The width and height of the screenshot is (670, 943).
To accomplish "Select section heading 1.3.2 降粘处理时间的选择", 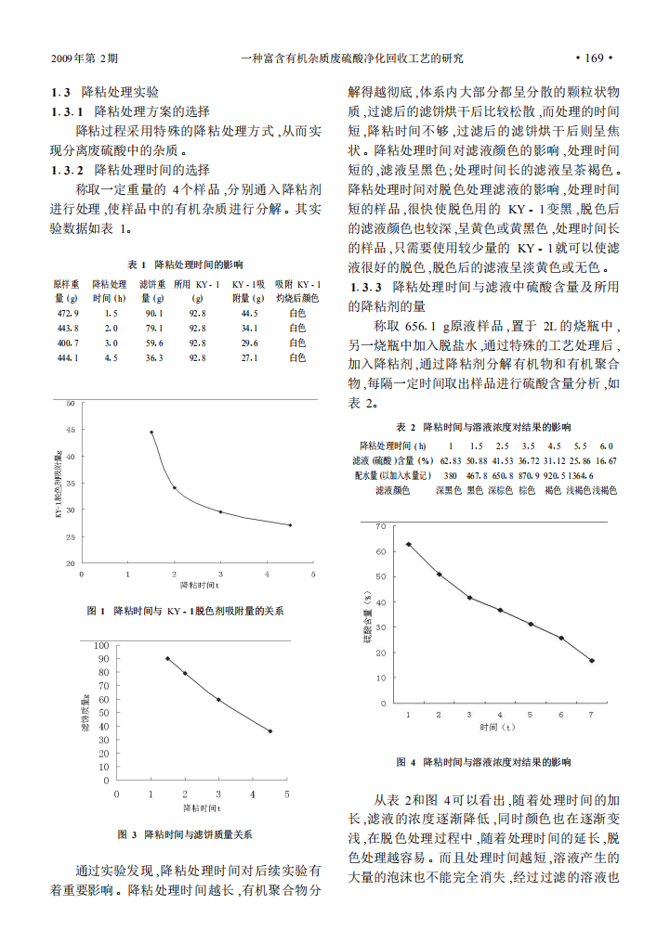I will click(x=130, y=169).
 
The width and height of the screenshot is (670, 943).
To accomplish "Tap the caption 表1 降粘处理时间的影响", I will click(x=186, y=265).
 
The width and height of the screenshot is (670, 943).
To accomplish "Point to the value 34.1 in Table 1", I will click(x=249, y=329).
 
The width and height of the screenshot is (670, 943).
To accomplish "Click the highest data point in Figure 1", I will click(x=151, y=432).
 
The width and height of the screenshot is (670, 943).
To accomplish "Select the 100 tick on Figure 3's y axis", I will click(x=101, y=645).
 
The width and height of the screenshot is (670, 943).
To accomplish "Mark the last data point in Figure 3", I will click(x=270, y=731).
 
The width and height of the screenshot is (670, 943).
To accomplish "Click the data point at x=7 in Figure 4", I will click(x=592, y=661).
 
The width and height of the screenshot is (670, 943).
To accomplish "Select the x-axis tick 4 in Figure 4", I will click(x=500, y=714).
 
